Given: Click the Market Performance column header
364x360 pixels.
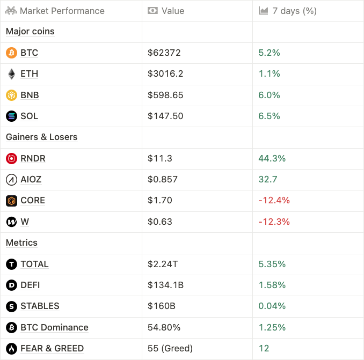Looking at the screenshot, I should tap(61, 11).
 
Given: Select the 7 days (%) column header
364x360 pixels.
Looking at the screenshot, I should tap(294, 11).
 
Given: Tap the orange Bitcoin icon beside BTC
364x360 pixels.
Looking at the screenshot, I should tap(11, 53).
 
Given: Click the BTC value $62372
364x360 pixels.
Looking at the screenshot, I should tap(164, 53).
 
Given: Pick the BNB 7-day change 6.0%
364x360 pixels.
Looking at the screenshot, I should tap(270, 95).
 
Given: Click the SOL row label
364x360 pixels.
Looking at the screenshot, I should tap(29, 116).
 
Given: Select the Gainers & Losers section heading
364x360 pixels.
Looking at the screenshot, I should tap(41, 137).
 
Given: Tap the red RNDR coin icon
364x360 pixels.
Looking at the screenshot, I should tap(11, 158).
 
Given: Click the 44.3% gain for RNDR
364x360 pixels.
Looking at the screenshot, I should tap(272, 158).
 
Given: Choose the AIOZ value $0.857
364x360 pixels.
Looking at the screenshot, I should tap(163, 179).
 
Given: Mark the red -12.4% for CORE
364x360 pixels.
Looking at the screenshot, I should tap(274, 200).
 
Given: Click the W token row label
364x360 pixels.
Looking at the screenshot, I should tap(25, 222).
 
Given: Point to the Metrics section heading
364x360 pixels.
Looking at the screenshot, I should tap(21, 243).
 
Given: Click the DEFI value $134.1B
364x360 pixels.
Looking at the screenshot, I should tap(165, 285).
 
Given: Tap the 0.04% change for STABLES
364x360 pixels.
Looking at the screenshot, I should tap(272, 306).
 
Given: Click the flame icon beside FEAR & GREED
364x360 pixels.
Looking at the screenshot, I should tap(11, 348).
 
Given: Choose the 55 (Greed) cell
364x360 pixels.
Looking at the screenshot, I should tap(170, 348).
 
